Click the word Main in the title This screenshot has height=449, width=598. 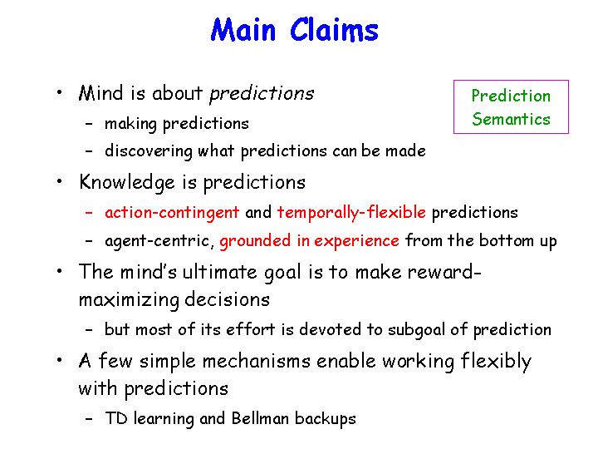coord(243,29)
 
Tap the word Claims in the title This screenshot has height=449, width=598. coord(334,29)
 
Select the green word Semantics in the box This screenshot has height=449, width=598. coord(511,119)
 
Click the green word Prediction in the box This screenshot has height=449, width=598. coord(511,96)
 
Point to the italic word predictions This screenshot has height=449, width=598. coord(262,94)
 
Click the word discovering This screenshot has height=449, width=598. coord(149,151)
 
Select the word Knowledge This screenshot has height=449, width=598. coord(127,182)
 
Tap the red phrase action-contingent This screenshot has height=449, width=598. coord(172,213)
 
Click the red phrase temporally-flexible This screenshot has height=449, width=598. coord(351,213)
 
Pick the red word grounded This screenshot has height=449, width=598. coord(255,241)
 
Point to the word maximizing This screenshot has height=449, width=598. coord(129,299)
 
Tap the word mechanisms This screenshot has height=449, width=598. coord(257,361)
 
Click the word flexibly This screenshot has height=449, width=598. coord(496,361)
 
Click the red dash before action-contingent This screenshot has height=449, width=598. coord(89,213)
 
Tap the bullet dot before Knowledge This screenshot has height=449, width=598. coord(59,181)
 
